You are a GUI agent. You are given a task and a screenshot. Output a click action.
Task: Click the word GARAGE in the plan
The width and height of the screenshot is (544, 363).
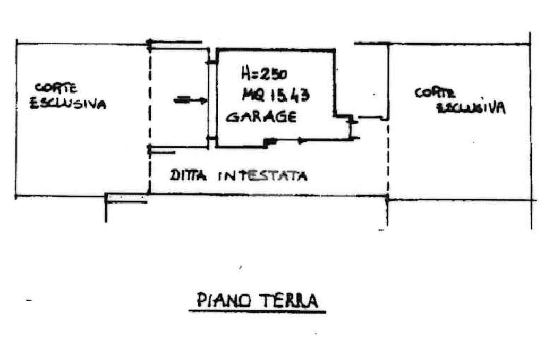tap(261, 117)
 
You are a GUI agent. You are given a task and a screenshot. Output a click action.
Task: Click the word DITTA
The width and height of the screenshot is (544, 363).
tap(189, 175)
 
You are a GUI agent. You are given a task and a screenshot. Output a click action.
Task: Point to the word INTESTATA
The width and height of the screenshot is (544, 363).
tap(263, 176)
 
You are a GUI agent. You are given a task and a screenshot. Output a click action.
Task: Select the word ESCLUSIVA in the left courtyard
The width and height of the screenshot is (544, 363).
tap(67, 103)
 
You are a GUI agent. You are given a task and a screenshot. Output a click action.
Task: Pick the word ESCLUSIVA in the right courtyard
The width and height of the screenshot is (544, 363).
tap(471, 108)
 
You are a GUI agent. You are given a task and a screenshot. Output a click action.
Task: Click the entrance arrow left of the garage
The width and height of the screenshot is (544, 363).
tap(191, 99)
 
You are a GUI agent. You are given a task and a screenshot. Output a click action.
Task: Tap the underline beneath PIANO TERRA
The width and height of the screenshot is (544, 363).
tap(257, 313)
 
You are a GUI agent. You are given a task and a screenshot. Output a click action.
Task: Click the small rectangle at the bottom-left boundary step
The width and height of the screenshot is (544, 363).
tap(126, 198)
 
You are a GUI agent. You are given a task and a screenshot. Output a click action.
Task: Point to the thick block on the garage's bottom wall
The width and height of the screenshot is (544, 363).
tap(271, 141)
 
